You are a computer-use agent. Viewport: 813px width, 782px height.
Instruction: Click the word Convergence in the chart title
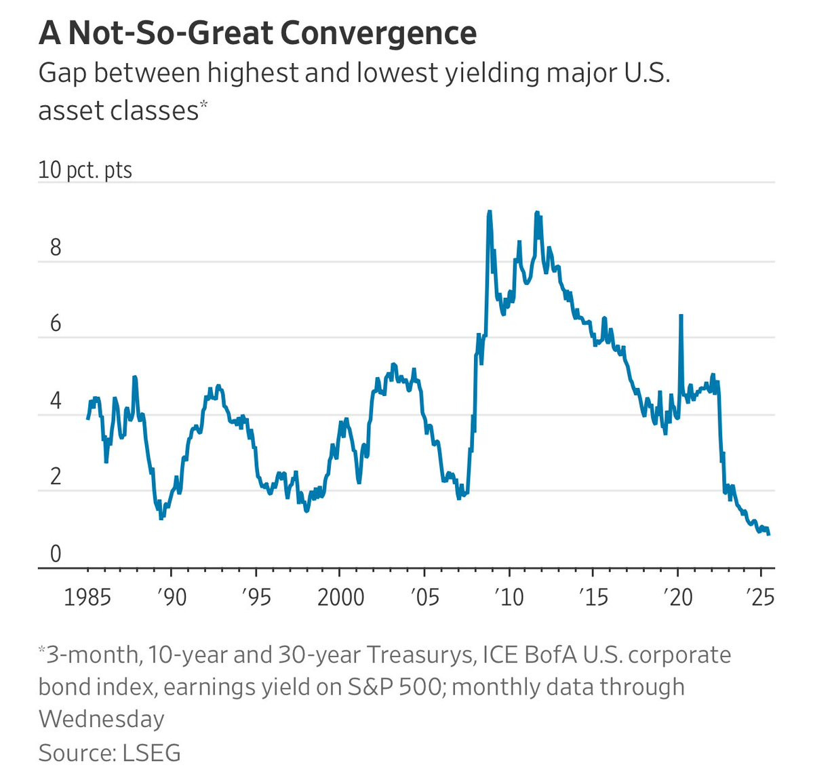click(378, 33)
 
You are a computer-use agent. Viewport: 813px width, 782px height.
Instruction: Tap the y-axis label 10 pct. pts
click(85, 170)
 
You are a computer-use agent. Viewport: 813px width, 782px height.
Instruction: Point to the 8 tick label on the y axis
click(56, 248)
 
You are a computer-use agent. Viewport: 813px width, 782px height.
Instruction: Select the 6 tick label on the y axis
click(56, 324)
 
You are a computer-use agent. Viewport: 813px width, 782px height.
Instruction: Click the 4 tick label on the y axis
click(56, 400)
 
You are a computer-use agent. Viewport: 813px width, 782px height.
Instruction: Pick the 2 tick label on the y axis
click(56, 476)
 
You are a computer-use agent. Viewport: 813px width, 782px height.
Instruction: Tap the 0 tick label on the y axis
click(56, 553)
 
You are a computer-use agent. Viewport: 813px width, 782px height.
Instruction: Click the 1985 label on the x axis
click(87, 598)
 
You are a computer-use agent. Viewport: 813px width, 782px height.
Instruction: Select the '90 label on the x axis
click(172, 598)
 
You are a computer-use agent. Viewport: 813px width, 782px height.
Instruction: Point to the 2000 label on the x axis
click(340, 598)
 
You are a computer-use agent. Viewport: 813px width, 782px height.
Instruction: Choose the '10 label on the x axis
click(509, 598)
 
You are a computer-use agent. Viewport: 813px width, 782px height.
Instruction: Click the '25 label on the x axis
click(760, 598)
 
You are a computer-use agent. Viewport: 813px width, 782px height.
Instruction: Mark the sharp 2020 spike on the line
click(681, 315)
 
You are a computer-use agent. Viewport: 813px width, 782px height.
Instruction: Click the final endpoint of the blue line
click(768, 534)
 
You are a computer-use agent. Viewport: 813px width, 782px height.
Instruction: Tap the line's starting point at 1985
click(87, 418)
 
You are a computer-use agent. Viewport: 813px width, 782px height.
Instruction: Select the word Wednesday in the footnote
click(101, 719)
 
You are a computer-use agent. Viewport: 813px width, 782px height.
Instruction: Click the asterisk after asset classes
click(204, 103)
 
